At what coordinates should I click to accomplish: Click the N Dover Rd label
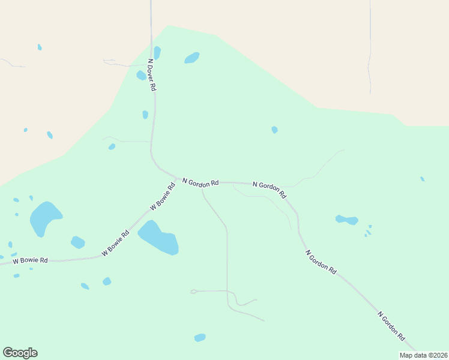152,74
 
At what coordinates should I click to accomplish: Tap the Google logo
20,353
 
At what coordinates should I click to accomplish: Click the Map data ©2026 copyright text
424,355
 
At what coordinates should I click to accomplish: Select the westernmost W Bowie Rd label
30,260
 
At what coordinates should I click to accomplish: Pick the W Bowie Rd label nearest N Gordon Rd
163,196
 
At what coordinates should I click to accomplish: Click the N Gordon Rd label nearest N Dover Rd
200,182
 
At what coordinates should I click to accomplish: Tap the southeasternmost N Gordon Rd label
391,326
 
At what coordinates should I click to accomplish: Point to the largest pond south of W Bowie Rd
159,238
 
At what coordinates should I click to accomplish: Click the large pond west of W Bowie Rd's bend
45,218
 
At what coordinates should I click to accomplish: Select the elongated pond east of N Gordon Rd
347,220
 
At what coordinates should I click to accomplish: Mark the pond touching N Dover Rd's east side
157,53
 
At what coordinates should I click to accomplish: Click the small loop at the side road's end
193,292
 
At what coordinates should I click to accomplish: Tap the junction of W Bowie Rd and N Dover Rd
178,178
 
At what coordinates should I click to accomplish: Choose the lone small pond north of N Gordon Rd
274,130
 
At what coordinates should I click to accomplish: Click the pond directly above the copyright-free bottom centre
200,338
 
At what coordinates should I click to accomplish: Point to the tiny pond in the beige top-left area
40,47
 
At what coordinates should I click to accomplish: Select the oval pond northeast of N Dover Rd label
192,58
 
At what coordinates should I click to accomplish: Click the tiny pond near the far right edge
423,179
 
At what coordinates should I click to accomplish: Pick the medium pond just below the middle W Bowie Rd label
77,242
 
